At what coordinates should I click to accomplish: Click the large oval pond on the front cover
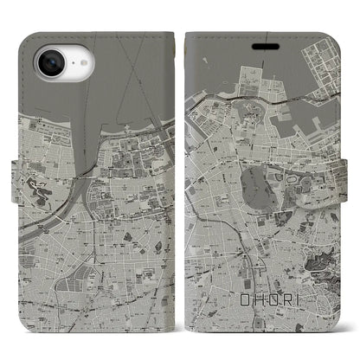tap(261, 164)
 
